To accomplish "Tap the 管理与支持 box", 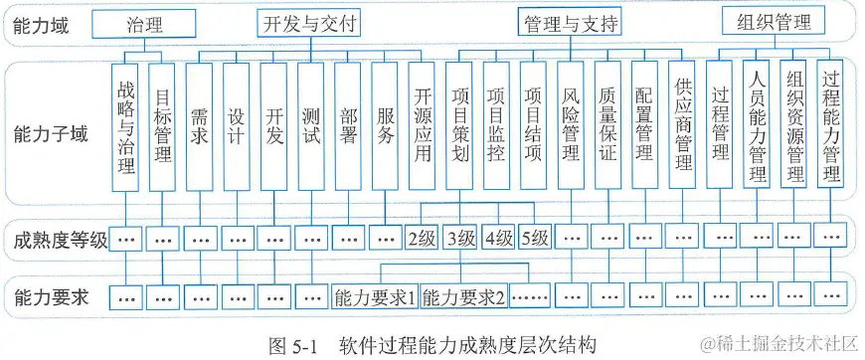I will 570,23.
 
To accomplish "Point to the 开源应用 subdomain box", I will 423,125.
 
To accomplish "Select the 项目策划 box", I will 459,125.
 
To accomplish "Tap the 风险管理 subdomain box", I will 571,125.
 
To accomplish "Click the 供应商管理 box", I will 682,125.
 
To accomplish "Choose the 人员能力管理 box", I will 758,125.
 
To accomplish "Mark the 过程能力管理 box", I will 831,125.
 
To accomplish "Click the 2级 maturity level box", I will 423,239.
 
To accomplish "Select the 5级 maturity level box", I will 534,239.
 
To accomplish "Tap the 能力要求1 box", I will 376,296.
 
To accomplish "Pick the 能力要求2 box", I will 464,296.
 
